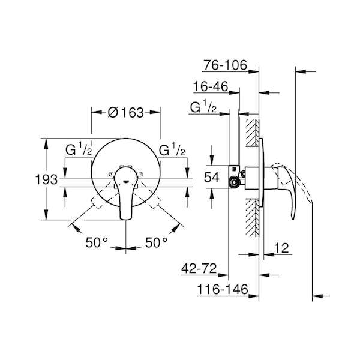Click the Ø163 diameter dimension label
pyautogui.click(x=126, y=113)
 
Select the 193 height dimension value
pyautogui.click(x=46, y=179)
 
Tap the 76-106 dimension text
pyautogui.click(x=225, y=65)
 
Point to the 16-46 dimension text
pyautogui.click(x=211, y=86)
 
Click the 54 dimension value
pyautogui.click(x=212, y=177)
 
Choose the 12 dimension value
pyautogui.click(x=281, y=248)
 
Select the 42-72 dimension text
pyautogui.click(x=199, y=268)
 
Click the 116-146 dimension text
pyautogui.click(x=223, y=289)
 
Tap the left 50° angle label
pyautogui.click(x=97, y=242)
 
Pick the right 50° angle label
pyautogui.click(x=157, y=242)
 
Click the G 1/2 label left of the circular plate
pyautogui.click(x=79, y=149)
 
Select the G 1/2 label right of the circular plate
pyautogui.click(x=172, y=149)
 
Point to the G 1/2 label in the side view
pyautogui.click(x=203, y=107)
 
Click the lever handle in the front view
pyautogui.click(x=126, y=193)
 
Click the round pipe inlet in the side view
pyautogui.click(x=234, y=183)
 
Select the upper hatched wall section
pyautogui.click(x=253, y=133)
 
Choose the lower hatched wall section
pyautogui.click(x=253, y=217)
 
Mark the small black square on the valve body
pyautogui.click(x=234, y=169)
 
